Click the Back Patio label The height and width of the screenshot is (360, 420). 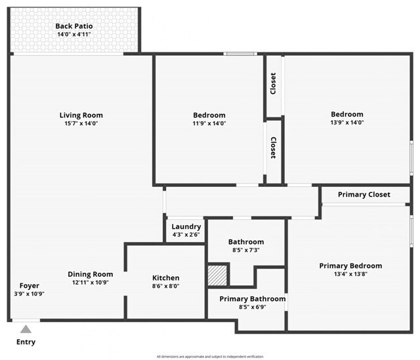click(73, 26)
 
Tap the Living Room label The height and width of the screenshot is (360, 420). click(81, 115)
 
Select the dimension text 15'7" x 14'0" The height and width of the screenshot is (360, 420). click(81, 123)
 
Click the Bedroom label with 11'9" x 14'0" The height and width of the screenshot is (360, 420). click(209, 115)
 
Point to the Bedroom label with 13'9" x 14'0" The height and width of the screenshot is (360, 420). click(346, 114)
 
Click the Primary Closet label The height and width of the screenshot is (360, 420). click(364, 195)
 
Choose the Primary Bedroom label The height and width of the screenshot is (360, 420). click(350, 266)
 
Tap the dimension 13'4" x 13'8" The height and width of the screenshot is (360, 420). click(350, 274)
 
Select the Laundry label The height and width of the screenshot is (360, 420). click(186, 227)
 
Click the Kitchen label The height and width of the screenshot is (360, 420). click(165, 278)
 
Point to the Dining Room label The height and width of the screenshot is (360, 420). click(91, 274)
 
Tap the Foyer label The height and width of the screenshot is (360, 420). click(29, 286)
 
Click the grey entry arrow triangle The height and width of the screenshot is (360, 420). click(25, 329)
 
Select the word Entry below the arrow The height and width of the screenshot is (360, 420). click(26, 342)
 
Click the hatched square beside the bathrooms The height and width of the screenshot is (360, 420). click(217, 274)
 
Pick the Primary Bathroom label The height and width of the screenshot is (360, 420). click(253, 299)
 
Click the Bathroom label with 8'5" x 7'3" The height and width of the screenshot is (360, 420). click(246, 242)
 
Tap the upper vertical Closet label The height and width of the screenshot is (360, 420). click(273, 83)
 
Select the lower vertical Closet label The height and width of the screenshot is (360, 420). click(273, 148)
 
